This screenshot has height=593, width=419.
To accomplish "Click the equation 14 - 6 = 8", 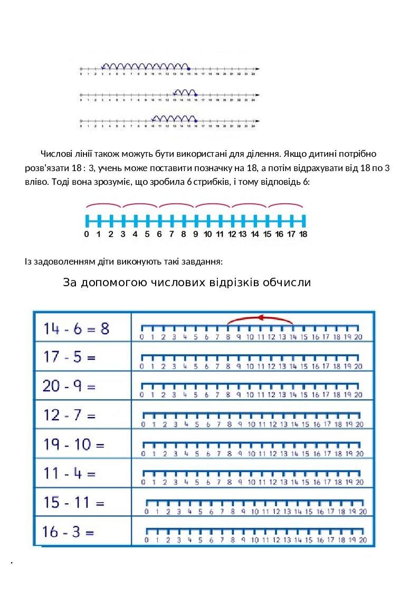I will (77, 328).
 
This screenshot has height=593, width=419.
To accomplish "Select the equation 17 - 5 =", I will (70, 357).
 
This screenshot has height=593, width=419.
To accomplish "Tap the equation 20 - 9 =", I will (70, 387).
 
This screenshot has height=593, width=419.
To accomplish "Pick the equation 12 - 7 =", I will (70, 416).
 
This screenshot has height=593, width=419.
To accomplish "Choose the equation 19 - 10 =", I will (74, 445).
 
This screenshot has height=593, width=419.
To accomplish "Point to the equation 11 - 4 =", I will (70, 474).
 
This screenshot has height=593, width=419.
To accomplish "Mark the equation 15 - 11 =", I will (74, 502).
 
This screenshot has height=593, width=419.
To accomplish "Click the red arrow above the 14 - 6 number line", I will (260, 318).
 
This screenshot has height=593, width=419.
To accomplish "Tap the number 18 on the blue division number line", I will (303, 235).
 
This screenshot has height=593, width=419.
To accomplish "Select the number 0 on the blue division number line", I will (87, 235).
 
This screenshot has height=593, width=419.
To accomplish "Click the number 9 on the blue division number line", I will (195, 235).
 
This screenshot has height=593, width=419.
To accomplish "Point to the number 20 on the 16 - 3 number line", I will (362, 540).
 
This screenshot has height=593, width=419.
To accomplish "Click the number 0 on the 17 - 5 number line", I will (141, 366).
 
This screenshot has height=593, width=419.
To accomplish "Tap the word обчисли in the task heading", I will (288, 283).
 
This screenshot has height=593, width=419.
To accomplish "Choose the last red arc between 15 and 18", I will (285, 205).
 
